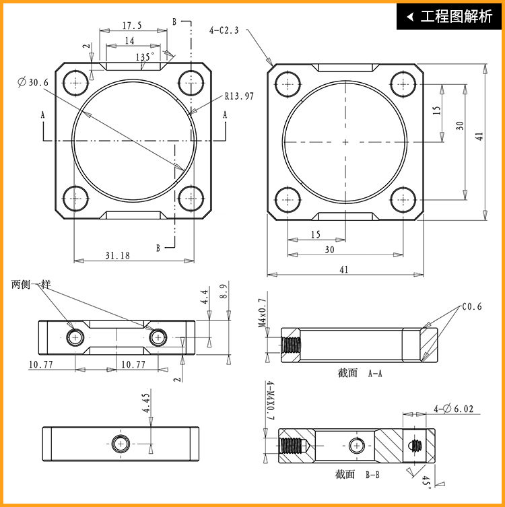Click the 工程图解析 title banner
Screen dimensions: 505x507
coord(448,16)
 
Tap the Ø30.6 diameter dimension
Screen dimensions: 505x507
coord(33,82)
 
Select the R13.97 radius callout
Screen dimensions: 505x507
coord(239,96)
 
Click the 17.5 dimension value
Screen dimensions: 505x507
coord(132,26)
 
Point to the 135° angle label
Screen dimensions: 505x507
coord(145,57)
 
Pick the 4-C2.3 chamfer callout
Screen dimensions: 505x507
coord(224,30)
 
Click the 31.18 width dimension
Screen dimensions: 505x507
coord(117,256)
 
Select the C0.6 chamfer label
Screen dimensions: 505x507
coord(472,306)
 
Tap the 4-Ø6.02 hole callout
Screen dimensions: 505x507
coord(453,409)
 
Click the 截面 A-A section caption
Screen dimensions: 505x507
coord(360,374)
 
